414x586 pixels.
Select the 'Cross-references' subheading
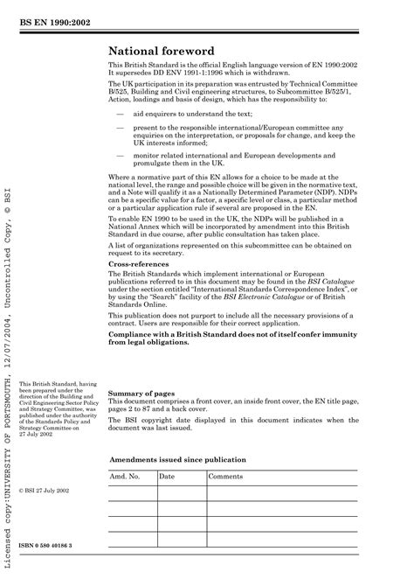(142, 263)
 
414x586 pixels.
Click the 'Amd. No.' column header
(125, 476)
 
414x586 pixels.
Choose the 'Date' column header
(167, 476)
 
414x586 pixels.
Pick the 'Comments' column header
(225, 476)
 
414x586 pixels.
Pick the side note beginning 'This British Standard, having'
(53, 432)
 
